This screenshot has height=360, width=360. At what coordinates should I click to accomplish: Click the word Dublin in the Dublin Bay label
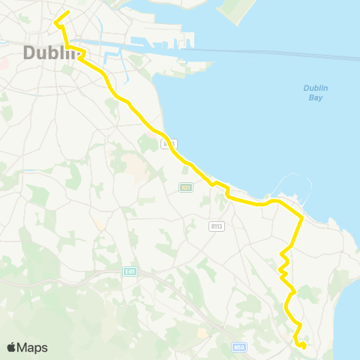[x=316, y=88]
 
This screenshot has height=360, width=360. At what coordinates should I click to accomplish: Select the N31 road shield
[x=185, y=187]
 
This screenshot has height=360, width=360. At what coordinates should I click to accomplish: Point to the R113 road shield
[x=217, y=224]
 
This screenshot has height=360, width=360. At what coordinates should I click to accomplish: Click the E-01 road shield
[x=129, y=271]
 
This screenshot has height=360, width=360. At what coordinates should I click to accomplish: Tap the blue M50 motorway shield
[x=239, y=346]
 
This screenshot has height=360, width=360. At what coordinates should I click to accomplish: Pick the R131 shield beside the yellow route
[x=169, y=143]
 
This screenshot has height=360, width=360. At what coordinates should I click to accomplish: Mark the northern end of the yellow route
[x=68, y=12]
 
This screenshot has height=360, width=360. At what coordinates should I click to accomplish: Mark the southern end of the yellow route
[x=303, y=346]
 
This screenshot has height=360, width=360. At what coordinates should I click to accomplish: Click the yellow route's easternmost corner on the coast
[x=301, y=217]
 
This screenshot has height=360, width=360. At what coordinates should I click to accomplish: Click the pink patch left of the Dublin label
[x=4, y=63]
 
